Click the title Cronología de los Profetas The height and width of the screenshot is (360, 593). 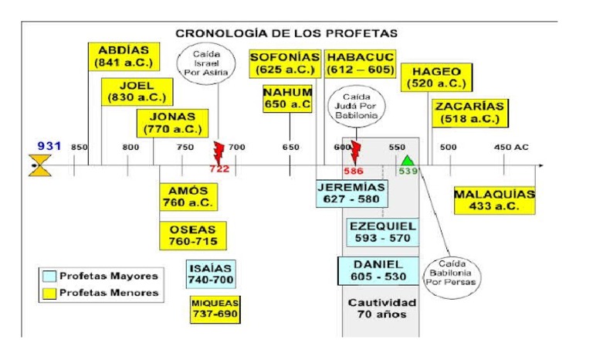286,33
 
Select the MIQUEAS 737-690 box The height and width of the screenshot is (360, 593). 215,309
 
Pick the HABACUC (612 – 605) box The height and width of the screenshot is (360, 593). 361,63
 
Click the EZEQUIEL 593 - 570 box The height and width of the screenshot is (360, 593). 383,233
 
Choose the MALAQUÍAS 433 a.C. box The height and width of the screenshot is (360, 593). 494,200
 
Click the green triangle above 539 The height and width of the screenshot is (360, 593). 407,161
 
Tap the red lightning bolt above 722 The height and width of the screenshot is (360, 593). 219,150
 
